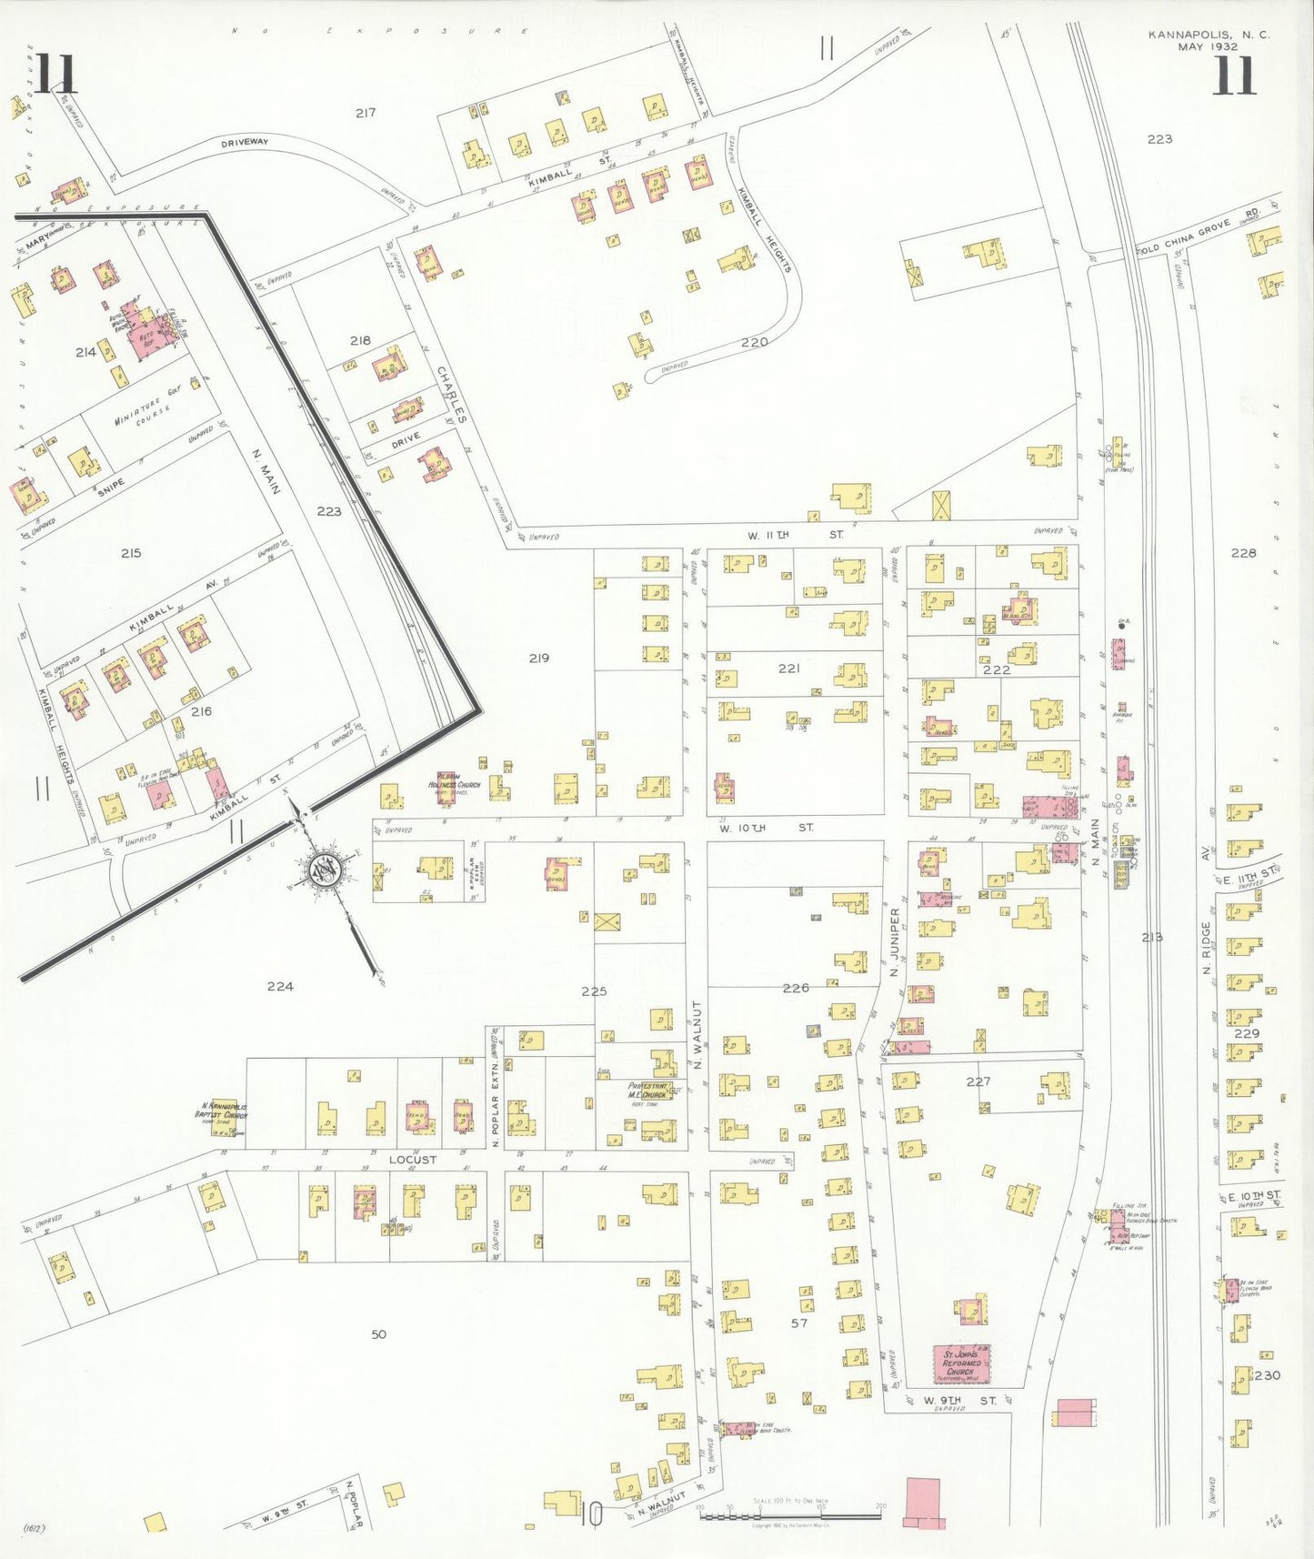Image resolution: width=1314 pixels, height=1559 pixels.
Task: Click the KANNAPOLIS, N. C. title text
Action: (1209, 35)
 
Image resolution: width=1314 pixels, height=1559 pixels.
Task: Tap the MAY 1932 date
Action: (1209, 46)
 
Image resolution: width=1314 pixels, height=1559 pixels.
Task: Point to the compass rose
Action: (324, 870)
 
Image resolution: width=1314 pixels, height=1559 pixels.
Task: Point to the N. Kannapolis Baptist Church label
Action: (222, 1111)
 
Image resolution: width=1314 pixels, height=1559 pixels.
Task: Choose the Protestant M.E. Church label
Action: (647, 1091)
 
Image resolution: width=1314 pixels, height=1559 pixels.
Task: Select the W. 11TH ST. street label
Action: (795, 535)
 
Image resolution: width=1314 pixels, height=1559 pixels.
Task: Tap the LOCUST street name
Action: (413, 1160)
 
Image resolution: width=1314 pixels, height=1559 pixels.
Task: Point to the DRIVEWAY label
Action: (245, 143)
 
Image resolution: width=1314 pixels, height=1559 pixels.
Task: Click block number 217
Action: (366, 113)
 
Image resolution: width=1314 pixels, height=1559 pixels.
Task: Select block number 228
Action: (1243, 552)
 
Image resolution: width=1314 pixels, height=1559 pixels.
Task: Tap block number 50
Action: (378, 1334)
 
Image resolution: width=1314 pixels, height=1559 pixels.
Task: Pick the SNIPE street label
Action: (112, 488)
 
